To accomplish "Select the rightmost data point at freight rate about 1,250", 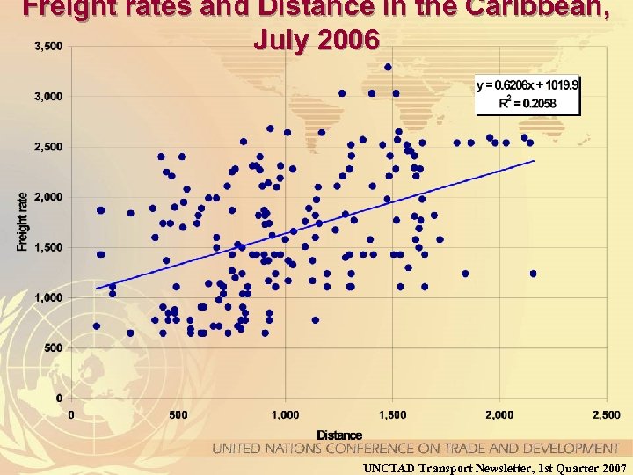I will pos(533,274).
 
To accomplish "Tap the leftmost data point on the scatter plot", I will pos(97,325).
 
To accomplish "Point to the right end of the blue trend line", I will pos(534,161).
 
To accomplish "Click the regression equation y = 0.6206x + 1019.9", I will pos(527,86).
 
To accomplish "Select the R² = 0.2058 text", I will pos(527,103).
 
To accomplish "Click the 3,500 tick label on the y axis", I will pos(47,46).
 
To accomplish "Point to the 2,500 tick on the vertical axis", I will pos(47,146).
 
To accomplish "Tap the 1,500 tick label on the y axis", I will pos(47,247).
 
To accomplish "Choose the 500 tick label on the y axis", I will pos(54,348).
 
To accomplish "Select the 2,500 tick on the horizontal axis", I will pos(606,414).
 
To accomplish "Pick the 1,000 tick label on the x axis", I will pos(284,414).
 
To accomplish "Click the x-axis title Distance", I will pos(339,435).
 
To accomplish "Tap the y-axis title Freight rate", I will pos(22,222).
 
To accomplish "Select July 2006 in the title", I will pos(316,40).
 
